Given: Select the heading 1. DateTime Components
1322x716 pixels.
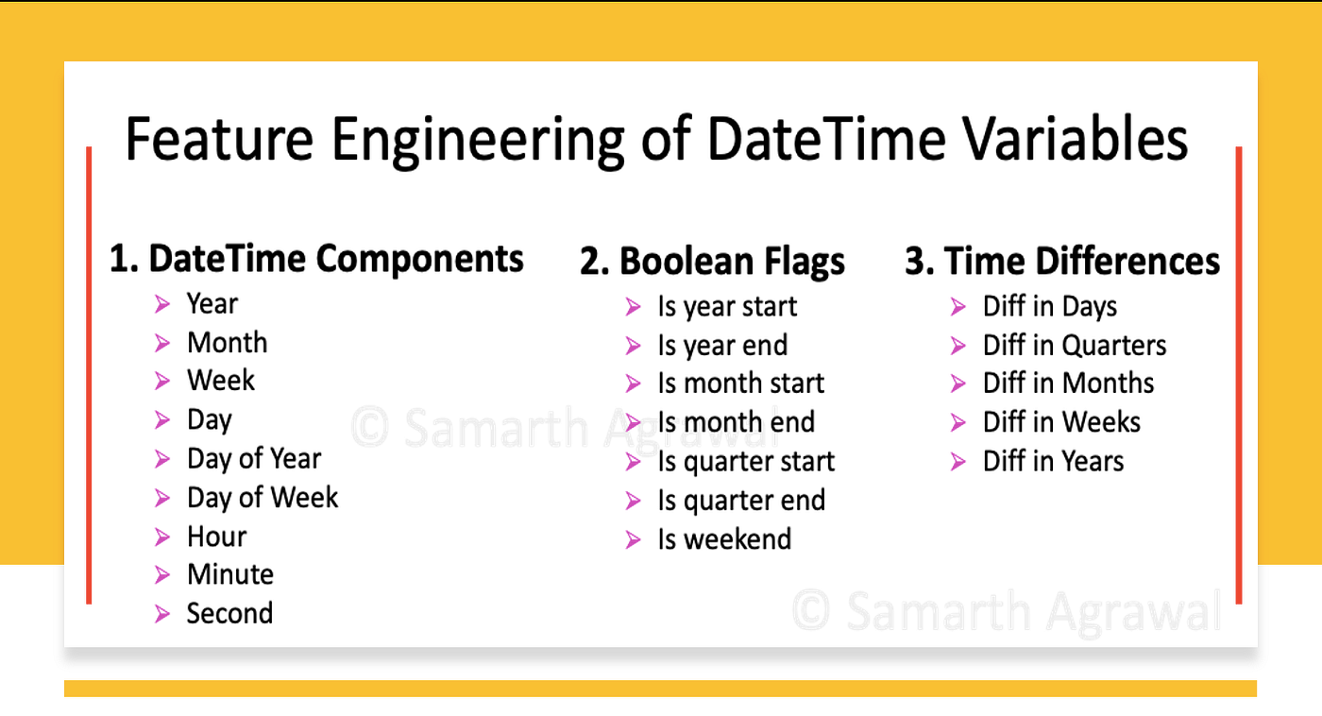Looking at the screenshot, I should click(x=316, y=259).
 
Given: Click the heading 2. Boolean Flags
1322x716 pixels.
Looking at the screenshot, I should click(x=712, y=262).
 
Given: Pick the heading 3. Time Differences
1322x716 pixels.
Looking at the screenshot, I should click(x=1062, y=262).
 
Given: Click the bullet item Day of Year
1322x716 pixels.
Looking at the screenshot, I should click(x=253, y=459).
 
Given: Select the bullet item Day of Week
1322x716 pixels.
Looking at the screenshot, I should click(x=262, y=498).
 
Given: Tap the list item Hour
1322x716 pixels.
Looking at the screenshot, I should click(x=216, y=537).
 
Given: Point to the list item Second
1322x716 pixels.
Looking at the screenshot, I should click(x=229, y=614).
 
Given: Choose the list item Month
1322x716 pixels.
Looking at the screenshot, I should click(x=227, y=343).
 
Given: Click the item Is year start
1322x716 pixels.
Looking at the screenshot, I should click(x=726, y=307).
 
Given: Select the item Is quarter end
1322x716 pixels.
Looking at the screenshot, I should click(x=740, y=501).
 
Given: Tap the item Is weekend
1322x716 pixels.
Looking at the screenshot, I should click(x=723, y=539).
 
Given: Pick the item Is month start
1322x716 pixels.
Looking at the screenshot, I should click(x=740, y=384).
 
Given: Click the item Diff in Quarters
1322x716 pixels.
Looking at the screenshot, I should click(x=1074, y=346).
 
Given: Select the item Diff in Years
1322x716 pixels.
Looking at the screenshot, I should click(x=1053, y=462).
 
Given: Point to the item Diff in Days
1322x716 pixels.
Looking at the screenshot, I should click(x=1049, y=307).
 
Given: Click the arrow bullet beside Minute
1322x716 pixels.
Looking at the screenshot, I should click(x=163, y=575).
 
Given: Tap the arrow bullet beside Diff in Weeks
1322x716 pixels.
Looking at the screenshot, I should click(x=958, y=422).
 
